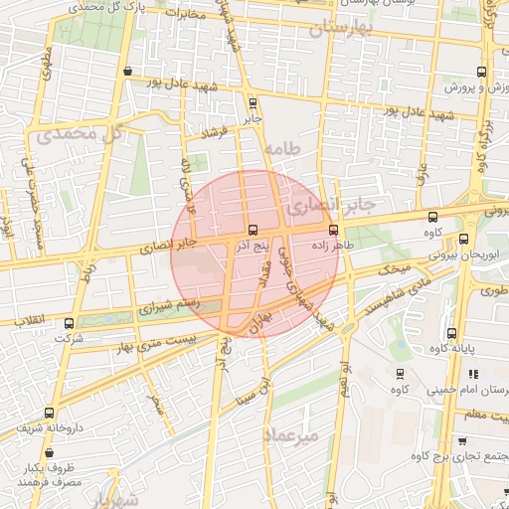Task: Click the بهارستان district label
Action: (x=317, y=28)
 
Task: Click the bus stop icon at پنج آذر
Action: (x=252, y=230)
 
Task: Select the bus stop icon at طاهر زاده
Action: (x=333, y=230)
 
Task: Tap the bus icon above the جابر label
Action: (x=252, y=102)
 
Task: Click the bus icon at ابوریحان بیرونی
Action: (x=463, y=239)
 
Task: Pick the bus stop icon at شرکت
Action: (x=69, y=323)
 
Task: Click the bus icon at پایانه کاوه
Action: (x=452, y=334)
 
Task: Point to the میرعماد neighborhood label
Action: (x=291, y=435)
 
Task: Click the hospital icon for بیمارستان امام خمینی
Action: (x=473, y=375)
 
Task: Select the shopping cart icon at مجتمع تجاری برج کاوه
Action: (x=463, y=439)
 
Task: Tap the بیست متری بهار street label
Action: (x=149, y=343)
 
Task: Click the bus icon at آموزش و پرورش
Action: (x=482, y=72)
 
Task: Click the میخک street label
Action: (x=397, y=269)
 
